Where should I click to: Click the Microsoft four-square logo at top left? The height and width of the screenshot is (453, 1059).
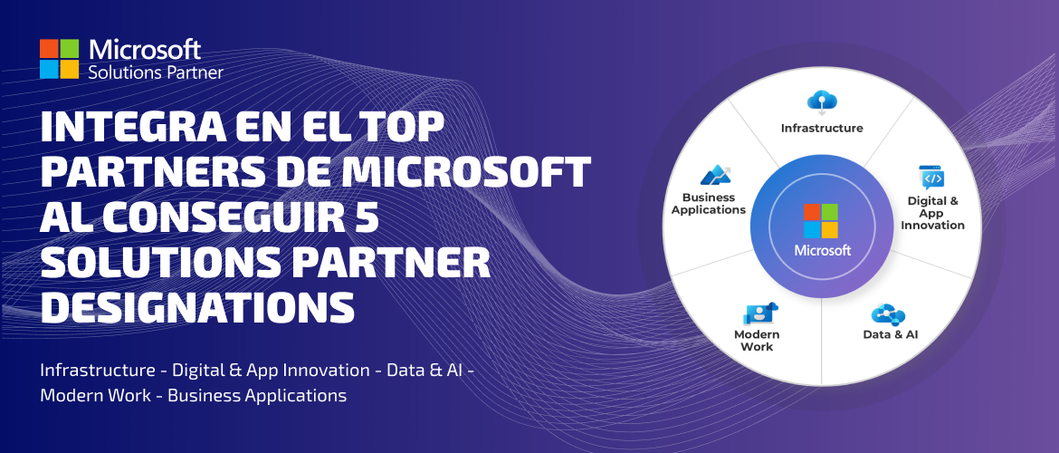pos(60,59)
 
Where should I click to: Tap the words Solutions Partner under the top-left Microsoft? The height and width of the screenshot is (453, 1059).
pos(156,72)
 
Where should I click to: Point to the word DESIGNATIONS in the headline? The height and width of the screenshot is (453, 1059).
pos(198,307)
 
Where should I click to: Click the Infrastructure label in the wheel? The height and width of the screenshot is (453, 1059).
pos(822,128)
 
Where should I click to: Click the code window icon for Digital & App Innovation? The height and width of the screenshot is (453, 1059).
pos(932,178)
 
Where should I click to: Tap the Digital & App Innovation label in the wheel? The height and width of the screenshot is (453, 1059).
pos(932,213)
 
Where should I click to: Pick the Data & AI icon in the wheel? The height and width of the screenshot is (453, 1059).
pos(888,314)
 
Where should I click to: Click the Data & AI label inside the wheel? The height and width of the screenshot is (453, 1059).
pos(890,334)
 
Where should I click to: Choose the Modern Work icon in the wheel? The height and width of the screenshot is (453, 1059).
pos(760,313)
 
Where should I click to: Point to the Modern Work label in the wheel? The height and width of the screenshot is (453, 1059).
pos(757,341)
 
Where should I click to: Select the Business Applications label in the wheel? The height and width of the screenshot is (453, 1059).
pos(709,204)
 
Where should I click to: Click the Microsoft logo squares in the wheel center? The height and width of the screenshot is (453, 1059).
pos(821,221)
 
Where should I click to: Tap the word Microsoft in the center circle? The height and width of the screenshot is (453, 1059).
pos(823,251)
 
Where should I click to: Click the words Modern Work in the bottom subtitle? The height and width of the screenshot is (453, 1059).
pos(96,396)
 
